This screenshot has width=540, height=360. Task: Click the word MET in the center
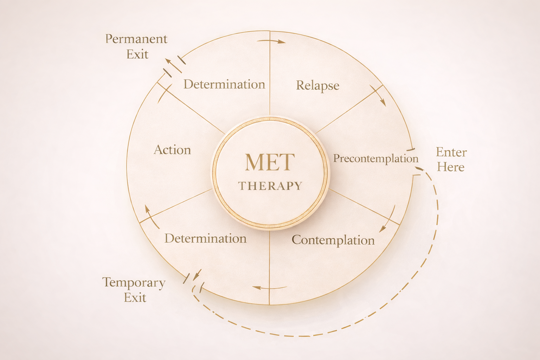click(x=270, y=162)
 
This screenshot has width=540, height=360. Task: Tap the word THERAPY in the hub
click(x=270, y=186)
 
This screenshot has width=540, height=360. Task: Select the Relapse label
click(x=317, y=85)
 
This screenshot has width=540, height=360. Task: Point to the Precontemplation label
click(x=375, y=159)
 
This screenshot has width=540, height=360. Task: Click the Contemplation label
click(x=333, y=240)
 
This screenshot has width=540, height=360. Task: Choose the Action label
click(x=172, y=150)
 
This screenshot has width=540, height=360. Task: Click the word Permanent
click(x=136, y=39)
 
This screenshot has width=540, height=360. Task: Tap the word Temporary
click(x=134, y=283)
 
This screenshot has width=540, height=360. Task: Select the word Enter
click(x=451, y=152)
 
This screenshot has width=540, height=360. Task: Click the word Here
click(x=450, y=167)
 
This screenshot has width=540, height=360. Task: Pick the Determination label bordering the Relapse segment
click(x=224, y=84)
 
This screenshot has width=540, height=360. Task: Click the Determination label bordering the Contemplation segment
click(x=205, y=239)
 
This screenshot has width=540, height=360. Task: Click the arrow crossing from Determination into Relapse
click(x=271, y=41)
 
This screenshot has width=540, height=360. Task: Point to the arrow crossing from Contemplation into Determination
click(x=269, y=288)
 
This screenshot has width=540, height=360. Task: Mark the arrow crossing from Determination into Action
click(x=150, y=215)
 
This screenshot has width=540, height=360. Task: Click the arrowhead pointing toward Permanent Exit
click(x=170, y=63)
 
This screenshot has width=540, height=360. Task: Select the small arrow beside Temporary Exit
click(x=197, y=274)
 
